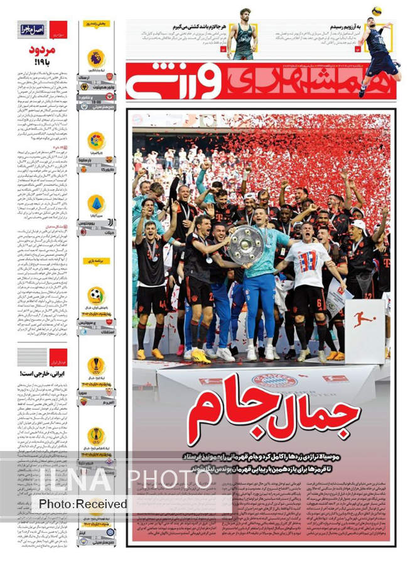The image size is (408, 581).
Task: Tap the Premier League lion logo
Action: pyautogui.click(x=96, y=58)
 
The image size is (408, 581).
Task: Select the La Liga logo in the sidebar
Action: pyautogui.click(x=96, y=140)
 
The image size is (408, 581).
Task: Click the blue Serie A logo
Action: pyautogui.click(x=96, y=203)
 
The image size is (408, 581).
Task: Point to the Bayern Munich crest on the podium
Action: pyautogui.click(x=274, y=380)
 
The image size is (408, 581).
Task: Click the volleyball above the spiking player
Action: pyautogui.click(x=377, y=11)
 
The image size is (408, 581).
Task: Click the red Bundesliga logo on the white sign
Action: pyautogui.click(x=365, y=319)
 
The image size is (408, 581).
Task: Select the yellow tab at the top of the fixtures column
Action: pyautogui.click(x=97, y=23)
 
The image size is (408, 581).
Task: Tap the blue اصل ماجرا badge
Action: pyautogui.click(x=32, y=29)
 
